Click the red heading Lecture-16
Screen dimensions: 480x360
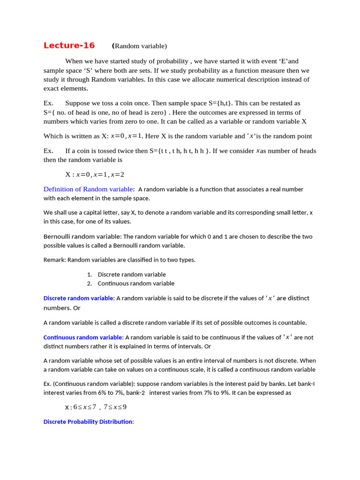coord(69,45)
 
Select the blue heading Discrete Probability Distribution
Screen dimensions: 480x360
coord(88,421)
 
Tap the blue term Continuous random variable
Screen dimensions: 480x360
coord(83,337)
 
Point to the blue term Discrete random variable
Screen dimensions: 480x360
coord(78,298)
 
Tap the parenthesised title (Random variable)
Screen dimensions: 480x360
coord(140,46)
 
